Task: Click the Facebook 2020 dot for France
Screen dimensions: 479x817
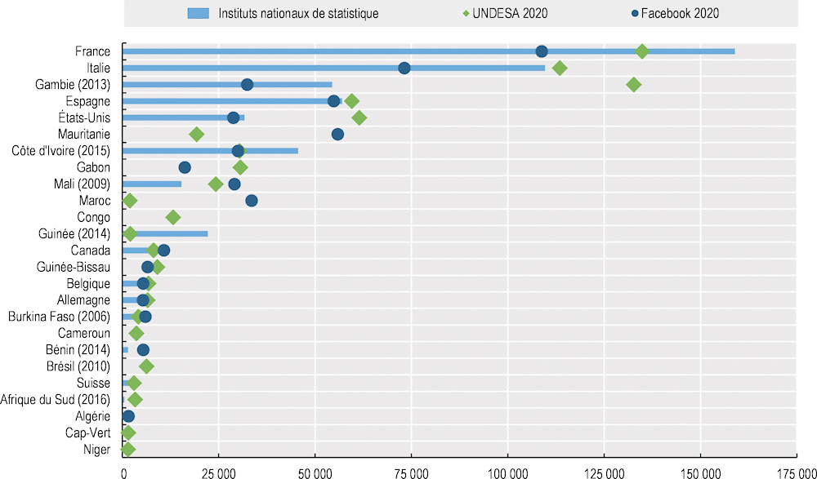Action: [x=542, y=51]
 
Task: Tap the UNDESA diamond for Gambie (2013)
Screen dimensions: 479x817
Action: [x=633, y=84]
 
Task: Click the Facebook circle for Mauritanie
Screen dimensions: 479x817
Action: [x=337, y=134]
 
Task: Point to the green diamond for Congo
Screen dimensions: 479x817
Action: [x=172, y=217]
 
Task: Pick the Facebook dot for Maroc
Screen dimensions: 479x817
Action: [x=252, y=201]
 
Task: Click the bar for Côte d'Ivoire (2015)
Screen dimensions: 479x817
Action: [x=210, y=151]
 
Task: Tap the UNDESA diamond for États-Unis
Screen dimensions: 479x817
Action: [x=359, y=118]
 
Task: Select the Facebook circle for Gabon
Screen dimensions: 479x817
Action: [x=185, y=167]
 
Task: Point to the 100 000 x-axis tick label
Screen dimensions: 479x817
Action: [x=508, y=472]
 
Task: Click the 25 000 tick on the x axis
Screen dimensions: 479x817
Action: [x=218, y=472]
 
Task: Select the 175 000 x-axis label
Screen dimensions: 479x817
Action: [x=797, y=472]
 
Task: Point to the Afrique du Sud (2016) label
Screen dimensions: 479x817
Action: [x=56, y=399]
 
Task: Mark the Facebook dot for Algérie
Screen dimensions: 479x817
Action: [x=128, y=416]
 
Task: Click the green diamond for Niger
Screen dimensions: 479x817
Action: [x=127, y=449]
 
